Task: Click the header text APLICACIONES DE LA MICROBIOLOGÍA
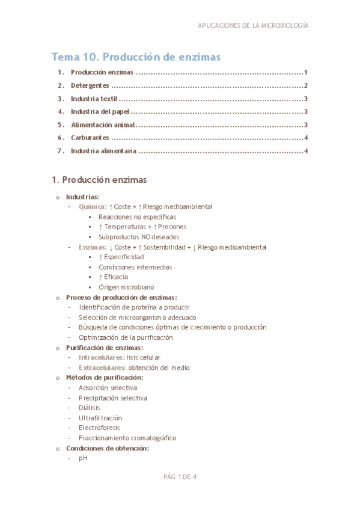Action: click(253, 26)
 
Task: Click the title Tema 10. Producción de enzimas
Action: click(136, 57)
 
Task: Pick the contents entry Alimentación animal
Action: click(103, 124)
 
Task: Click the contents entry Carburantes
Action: click(90, 138)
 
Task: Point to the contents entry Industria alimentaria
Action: click(103, 150)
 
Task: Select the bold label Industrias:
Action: click(82, 197)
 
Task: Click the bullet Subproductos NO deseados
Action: click(138, 237)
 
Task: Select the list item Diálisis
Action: click(90, 407)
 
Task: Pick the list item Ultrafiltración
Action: click(100, 417)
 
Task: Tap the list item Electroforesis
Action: click(99, 428)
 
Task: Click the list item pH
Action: click(82, 458)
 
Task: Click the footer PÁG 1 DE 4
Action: click(180, 478)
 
